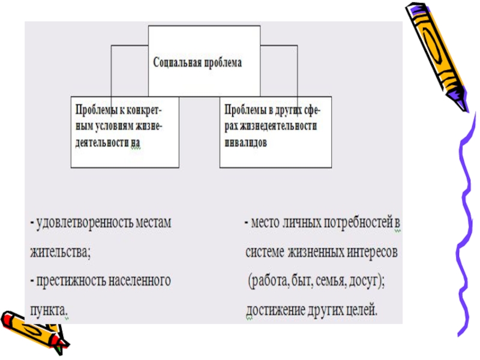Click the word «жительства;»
click(60, 252)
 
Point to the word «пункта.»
click(49, 310)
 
